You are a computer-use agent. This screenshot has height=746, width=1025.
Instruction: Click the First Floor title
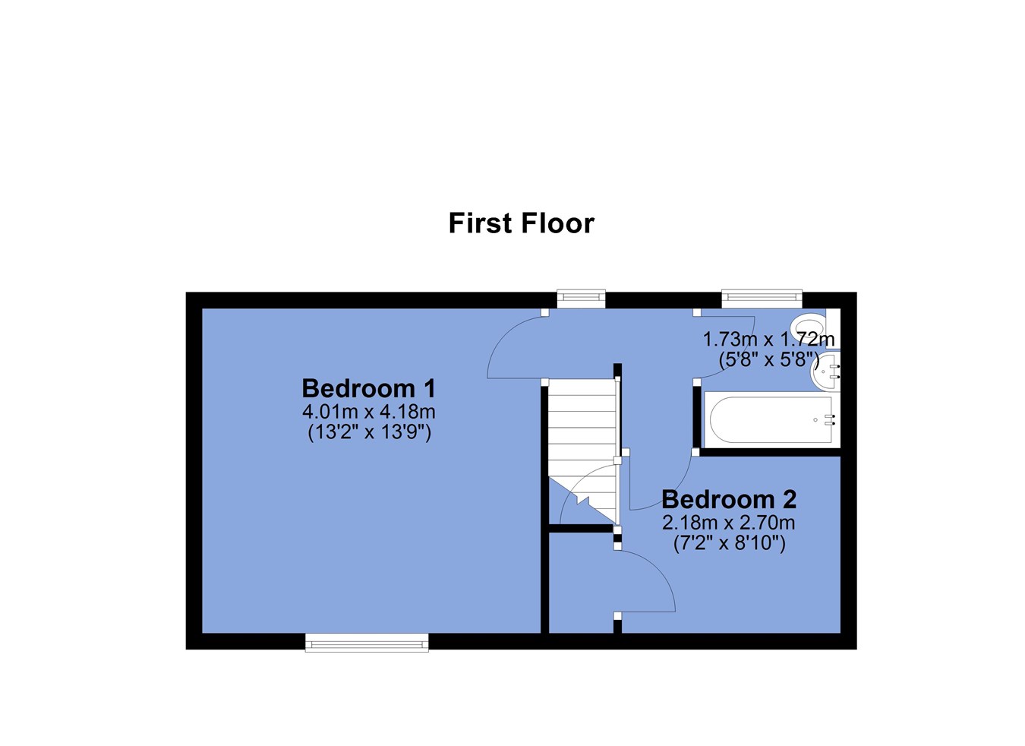click(x=521, y=223)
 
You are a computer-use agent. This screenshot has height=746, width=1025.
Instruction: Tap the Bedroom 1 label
click(x=368, y=388)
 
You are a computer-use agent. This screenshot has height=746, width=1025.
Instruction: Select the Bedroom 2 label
click(x=729, y=499)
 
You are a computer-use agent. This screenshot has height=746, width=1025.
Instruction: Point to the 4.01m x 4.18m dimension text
click(x=368, y=413)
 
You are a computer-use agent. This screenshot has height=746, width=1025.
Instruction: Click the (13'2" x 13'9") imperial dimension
click(x=369, y=433)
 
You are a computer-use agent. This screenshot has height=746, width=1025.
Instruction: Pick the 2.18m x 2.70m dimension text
click(x=728, y=523)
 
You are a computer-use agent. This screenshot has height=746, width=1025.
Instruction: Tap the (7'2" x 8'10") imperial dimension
click(x=730, y=544)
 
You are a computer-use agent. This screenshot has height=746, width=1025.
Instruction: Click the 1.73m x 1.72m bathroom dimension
click(x=768, y=340)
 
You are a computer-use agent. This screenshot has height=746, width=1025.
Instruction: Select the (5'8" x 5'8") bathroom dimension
click(x=768, y=360)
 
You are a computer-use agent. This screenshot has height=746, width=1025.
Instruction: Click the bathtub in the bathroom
click(x=771, y=419)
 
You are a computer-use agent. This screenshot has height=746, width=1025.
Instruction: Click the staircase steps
click(x=582, y=451)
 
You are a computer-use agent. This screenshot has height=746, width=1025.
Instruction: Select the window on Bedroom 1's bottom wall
click(x=367, y=642)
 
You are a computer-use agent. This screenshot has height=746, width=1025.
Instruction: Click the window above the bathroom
click(x=762, y=298)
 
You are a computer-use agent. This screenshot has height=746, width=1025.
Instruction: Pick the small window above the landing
click(x=581, y=298)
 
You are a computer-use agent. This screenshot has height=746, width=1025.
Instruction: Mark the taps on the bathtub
click(x=830, y=420)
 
